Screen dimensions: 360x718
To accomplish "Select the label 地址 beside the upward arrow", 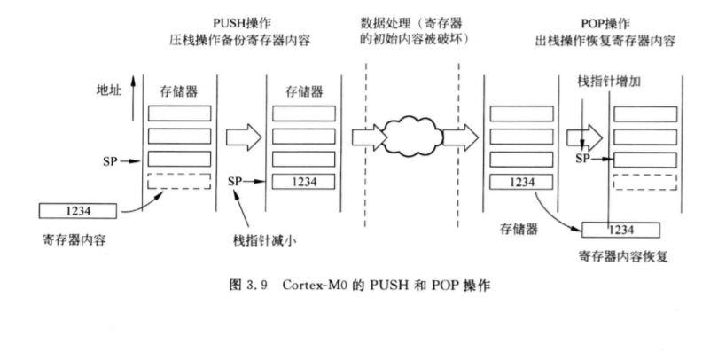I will point(107,90).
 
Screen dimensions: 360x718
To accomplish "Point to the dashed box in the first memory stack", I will point(178,182).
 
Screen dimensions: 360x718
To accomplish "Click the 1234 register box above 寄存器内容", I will point(78,211).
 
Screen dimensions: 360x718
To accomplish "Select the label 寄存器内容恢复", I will point(620,253).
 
